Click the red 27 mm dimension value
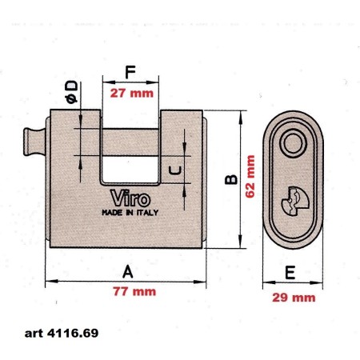point(132,94)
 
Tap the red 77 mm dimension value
point(134,291)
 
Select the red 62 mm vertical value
point(250,177)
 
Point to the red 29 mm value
point(294,298)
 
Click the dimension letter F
point(130,72)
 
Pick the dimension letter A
point(128,271)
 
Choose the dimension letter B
point(231,179)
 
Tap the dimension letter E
point(290,272)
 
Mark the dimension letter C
point(176,170)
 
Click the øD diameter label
point(71,92)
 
